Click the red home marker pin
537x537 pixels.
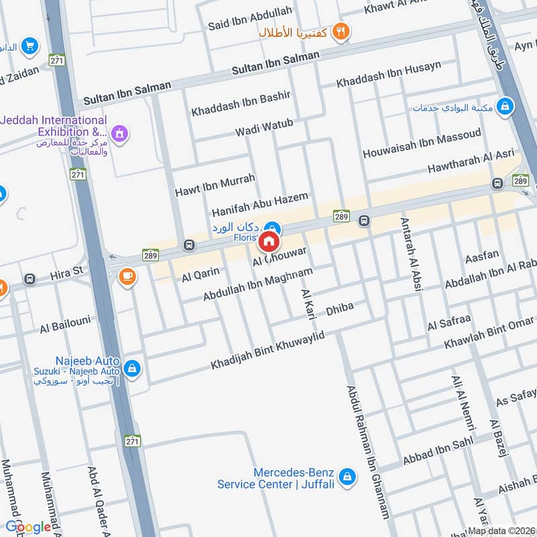(269, 241)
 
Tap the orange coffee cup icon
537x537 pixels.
(126, 275)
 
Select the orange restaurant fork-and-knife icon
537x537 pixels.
(342, 32)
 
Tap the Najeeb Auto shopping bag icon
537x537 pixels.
(133, 367)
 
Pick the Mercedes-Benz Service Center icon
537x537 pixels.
(346, 476)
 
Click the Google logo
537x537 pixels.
(28, 527)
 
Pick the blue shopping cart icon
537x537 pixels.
(29, 46)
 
